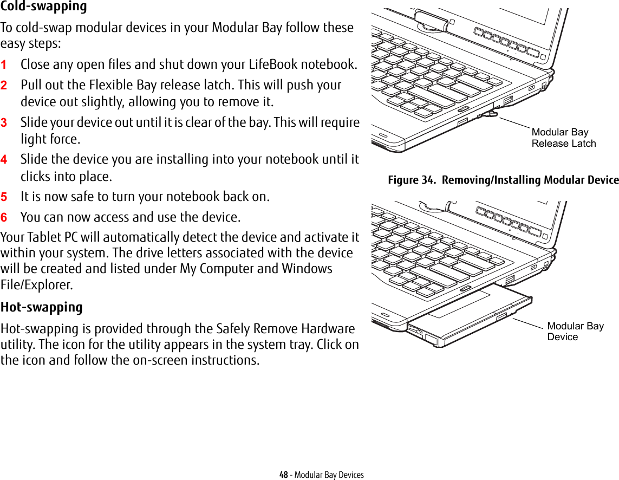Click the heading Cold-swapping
tap(44, 7)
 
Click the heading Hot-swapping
tap(42, 307)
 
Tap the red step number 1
tap(4, 64)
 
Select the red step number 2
tap(4, 86)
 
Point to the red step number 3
tap(4, 123)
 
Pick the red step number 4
tap(4, 160)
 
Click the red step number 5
tap(4, 197)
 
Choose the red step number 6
tap(4, 218)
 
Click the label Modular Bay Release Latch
tap(563, 138)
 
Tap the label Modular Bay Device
tap(575, 331)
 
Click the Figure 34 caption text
tap(503, 180)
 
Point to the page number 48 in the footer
tap(283, 475)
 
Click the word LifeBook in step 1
tap(275, 64)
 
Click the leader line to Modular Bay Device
tap(528, 323)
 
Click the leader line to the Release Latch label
tap(513, 122)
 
